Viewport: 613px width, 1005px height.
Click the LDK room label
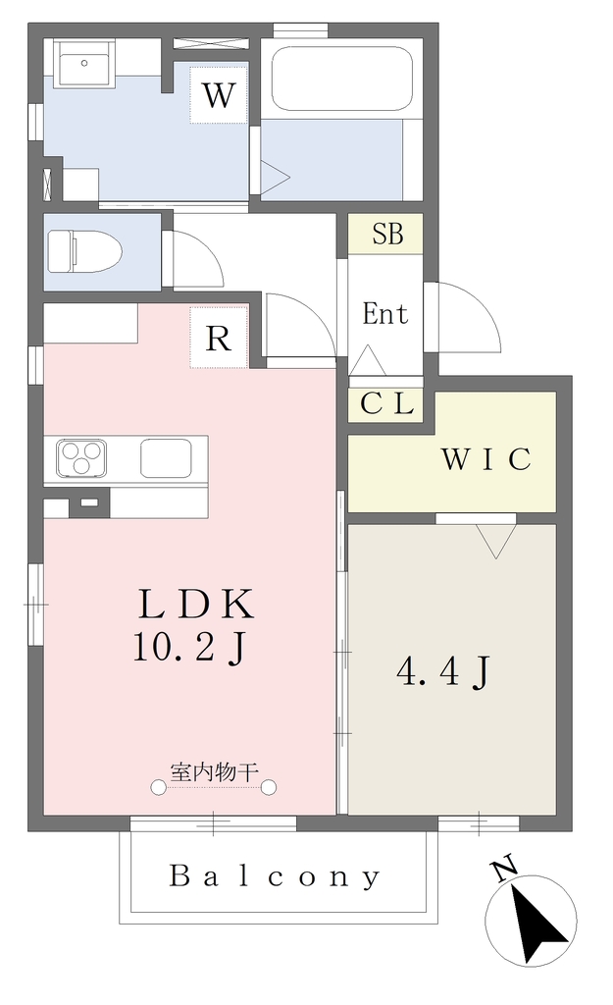(x=196, y=604)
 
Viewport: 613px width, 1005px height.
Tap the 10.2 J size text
(x=189, y=648)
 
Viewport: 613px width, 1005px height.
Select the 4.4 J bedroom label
(x=444, y=673)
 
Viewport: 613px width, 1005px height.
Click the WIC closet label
(x=485, y=459)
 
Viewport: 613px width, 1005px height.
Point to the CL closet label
(x=386, y=403)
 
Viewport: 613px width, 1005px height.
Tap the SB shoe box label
(x=387, y=234)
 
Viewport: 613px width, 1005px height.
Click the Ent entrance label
(x=385, y=314)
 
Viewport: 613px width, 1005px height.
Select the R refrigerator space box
(x=219, y=338)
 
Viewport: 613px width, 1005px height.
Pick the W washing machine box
(x=219, y=95)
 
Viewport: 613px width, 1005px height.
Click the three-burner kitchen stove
(x=81, y=458)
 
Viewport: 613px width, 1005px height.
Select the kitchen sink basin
(x=165, y=458)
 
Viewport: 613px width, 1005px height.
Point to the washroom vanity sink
(x=84, y=63)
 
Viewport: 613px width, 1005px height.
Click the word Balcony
(x=275, y=876)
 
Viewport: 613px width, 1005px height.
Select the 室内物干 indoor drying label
(x=214, y=771)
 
